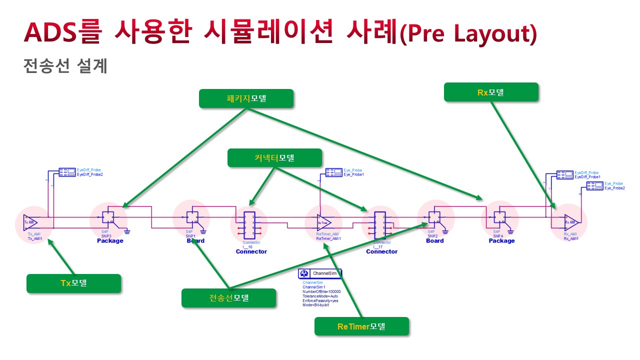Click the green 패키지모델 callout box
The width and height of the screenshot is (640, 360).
coord(246,98)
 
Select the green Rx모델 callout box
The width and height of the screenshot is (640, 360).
coord(491,92)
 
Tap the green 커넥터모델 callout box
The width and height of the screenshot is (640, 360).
coord(274,157)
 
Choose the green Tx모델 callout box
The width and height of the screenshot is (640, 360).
coord(73,283)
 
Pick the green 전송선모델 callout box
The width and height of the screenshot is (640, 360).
coord(228,298)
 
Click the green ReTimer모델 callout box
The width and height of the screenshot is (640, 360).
coord(361,326)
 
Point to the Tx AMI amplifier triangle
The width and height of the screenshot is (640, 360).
coord(30,221)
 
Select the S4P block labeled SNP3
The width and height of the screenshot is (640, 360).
coord(107,217)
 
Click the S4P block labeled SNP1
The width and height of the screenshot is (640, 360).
coord(191,217)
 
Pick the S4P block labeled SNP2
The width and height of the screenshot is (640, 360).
coord(434,217)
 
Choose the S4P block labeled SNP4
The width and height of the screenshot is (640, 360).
coord(499,217)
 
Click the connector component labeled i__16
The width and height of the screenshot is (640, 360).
coord(249,223)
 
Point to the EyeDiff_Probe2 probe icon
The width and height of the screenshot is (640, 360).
coord(67,172)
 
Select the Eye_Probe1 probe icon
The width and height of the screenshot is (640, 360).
coord(333,172)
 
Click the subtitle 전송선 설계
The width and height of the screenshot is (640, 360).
coord(65,66)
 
